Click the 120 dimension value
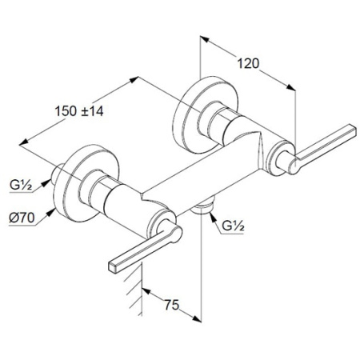[248, 64]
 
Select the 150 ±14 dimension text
[79, 111]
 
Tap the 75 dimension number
[172, 305]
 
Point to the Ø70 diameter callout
[22, 218]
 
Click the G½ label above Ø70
[21, 184]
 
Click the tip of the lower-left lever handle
[113, 267]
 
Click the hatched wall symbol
[134, 288]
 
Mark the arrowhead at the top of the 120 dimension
[204, 39]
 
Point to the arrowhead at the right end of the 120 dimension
[291, 88]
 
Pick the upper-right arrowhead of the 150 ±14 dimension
[134, 79]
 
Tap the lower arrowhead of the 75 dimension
[197, 319]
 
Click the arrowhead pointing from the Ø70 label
[50, 212]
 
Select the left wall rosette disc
[86, 183]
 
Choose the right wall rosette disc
[206, 115]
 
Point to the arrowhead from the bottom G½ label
[213, 217]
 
